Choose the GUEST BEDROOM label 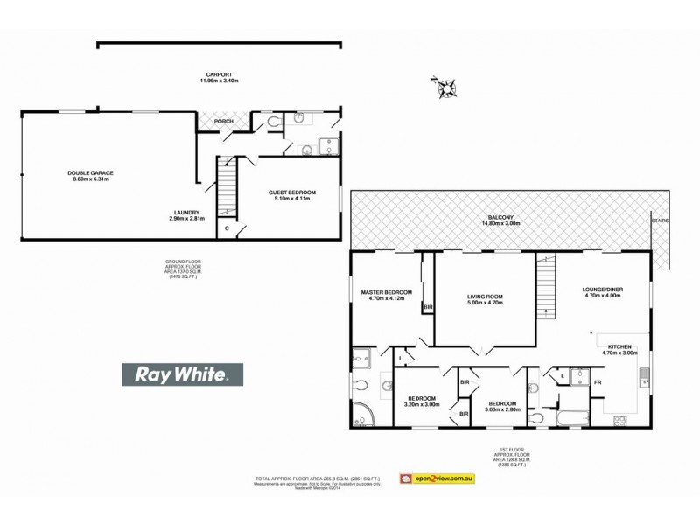click(x=291, y=192)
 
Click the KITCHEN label click(x=619, y=346)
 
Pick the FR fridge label click(x=598, y=383)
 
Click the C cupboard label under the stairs click(x=227, y=228)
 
